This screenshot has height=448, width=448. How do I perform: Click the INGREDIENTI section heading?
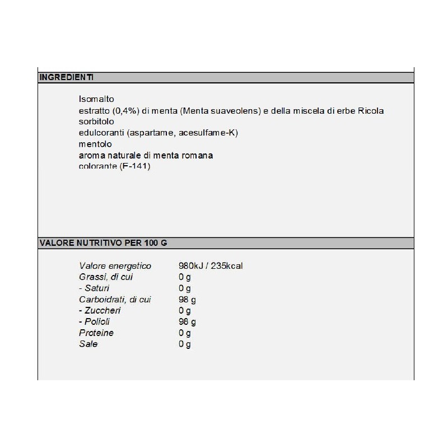click(66, 77)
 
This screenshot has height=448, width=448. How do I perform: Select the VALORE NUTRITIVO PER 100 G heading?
click(103, 243)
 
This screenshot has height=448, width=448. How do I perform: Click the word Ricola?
click(370, 110)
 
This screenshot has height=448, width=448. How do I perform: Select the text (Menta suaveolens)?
click(221, 110)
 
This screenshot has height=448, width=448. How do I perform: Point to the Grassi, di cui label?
click(106, 277)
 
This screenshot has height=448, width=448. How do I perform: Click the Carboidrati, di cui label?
click(115, 299)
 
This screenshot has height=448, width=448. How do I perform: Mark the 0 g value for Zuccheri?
click(185, 310)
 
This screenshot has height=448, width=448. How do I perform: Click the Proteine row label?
click(96, 333)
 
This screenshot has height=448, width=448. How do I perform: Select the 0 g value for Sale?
click(185, 344)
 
